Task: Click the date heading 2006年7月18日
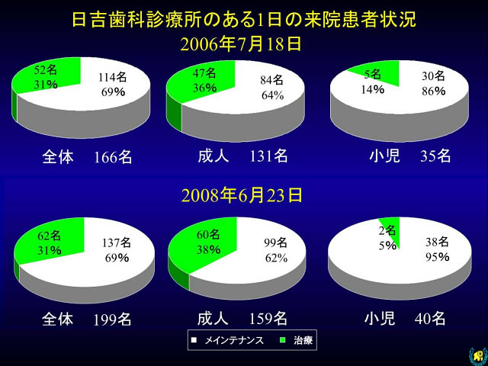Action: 241,44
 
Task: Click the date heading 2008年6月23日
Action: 242,195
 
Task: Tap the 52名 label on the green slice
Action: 46,70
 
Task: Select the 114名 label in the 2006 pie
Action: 112,77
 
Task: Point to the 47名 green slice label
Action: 204,73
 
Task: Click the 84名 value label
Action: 272,80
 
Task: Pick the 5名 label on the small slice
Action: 373,75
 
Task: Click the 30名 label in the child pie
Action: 434,76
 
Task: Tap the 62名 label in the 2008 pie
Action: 49,236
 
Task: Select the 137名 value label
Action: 117,242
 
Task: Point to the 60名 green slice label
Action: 208,235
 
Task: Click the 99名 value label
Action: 276,242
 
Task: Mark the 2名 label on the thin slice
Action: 387,230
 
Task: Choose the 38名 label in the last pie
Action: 437,242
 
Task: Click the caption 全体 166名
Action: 87,157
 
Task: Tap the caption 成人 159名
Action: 242,319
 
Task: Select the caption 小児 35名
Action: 410,156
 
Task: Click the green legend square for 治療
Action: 283,340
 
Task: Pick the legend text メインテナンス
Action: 234,341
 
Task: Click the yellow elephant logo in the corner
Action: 479,357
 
